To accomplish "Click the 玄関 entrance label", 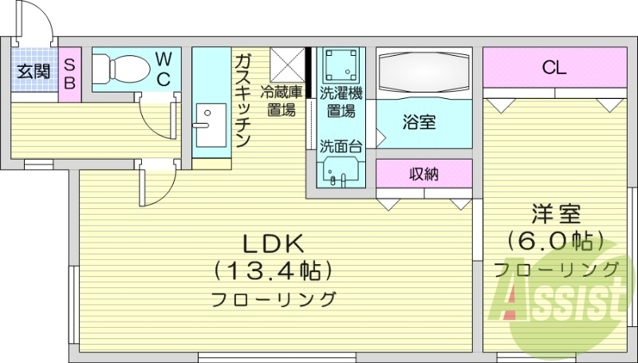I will (34, 71).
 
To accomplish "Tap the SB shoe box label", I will (70, 70).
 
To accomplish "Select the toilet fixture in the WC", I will (120, 69).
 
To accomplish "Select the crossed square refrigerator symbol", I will (287, 64).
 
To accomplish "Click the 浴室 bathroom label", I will (419, 123).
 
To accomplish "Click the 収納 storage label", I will (424, 174).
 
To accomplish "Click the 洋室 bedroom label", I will (557, 215).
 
